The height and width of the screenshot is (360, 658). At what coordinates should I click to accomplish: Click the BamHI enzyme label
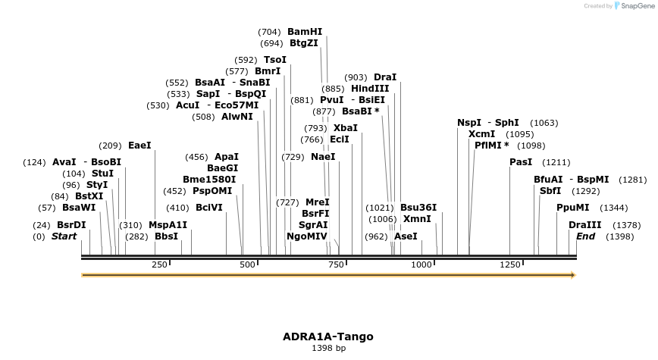tap(305, 32)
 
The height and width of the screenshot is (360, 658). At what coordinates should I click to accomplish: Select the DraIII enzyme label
tap(584, 225)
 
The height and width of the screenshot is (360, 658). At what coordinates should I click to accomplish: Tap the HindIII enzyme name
tap(370, 88)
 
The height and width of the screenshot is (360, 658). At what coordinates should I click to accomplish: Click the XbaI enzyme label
tap(346, 128)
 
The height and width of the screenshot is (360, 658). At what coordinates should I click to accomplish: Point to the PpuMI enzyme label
tap(572, 207)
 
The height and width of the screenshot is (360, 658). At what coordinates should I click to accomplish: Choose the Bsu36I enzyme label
tap(418, 207)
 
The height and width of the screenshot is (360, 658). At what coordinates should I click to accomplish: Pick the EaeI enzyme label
tap(139, 145)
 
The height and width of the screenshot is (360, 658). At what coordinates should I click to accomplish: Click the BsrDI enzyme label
tap(71, 225)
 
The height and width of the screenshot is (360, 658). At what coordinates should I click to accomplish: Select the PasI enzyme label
tap(521, 162)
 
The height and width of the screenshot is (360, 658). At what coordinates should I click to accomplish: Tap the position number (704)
tap(269, 32)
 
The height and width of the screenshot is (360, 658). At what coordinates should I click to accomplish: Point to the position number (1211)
tap(556, 162)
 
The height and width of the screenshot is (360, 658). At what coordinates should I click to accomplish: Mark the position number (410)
tap(177, 207)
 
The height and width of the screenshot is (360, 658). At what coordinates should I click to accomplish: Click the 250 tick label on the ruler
tap(160, 265)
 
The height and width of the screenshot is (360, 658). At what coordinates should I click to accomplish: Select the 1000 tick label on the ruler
tap(421, 265)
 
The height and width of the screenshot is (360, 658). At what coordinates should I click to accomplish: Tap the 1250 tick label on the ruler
tap(509, 265)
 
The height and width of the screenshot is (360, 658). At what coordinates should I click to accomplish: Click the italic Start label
tap(64, 236)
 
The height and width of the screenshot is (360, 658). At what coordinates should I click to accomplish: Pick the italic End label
tap(585, 236)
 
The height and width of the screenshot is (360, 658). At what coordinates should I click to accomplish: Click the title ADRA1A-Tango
tap(328, 337)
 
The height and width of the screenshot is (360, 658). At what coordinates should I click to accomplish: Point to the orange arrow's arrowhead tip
tap(575, 274)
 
